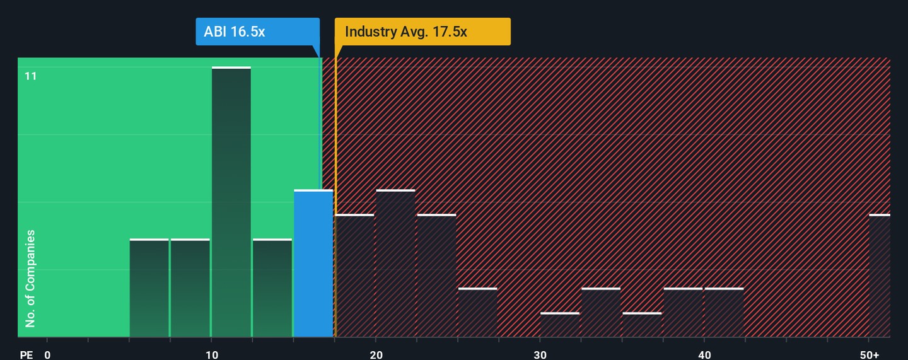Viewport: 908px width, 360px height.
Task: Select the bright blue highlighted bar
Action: point(313,264)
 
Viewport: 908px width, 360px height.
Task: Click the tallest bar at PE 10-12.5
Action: point(231,202)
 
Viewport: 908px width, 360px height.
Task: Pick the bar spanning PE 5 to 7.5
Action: point(149,288)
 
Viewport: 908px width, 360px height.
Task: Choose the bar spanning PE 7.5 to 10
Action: point(190,288)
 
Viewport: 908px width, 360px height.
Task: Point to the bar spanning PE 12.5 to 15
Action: point(272,288)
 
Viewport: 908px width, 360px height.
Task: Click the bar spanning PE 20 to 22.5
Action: point(395,264)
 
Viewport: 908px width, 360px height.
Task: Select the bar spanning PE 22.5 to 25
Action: point(436,276)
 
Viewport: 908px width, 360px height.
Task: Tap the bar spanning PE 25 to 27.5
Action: point(477,313)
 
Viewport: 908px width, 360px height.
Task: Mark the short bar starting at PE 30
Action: point(559,325)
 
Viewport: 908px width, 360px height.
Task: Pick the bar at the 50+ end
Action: point(880,276)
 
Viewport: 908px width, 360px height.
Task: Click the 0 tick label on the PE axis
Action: point(47,354)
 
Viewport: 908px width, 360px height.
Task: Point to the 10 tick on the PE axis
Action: point(212,354)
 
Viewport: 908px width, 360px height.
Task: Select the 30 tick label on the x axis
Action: point(540,354)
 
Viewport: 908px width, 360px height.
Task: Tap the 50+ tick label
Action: point(869,354)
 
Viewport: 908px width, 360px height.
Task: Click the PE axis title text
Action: point(26,354)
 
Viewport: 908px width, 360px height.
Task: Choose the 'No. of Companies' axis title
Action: point(30,279)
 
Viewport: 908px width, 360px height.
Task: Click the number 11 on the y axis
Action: point(31,76)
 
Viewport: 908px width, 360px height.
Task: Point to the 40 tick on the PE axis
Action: point(704,354)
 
